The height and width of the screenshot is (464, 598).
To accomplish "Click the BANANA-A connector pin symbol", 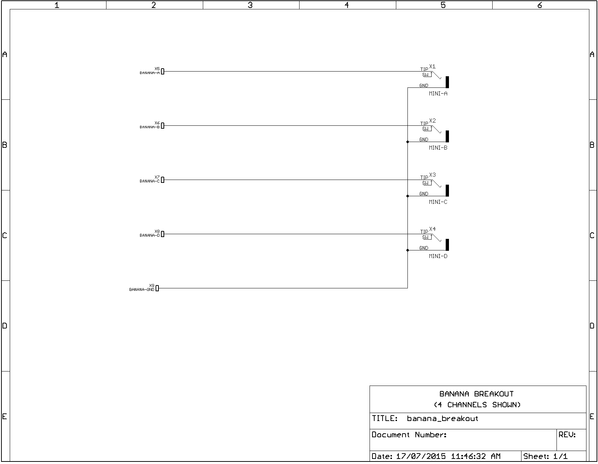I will pyautogui.click(x=162, y=72).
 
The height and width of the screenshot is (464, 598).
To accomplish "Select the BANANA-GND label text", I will pyautogui.click(x=142, y=290).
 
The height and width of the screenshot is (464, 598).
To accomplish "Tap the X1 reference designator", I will pyautogui.click(x=432, y=66).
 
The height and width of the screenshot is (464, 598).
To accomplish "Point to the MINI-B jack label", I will pyautogui.click(x=438, y=148).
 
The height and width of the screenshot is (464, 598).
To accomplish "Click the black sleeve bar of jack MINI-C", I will pyautogui.click(x=448, y=190).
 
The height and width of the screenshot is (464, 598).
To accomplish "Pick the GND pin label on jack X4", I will pyautogui.click(x=424, y=248).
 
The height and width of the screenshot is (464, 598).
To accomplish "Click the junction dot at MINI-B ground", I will pyautogui.click(x=408, y=142).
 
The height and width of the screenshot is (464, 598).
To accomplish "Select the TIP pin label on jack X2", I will pyautogui.click(x=424, y=124).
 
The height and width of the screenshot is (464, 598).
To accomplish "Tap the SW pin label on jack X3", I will pyautogui.click(x=425, y=183).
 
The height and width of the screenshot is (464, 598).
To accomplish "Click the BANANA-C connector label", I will pyautogui.click(x=149, y=181).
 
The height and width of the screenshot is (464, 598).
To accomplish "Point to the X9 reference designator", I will pyautogui.click(x=152, y=285).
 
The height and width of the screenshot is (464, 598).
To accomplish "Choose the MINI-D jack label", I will pyautogui.click(x=438, y=256).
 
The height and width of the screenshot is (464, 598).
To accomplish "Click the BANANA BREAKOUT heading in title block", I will pyautogui.click(x=476, y=394).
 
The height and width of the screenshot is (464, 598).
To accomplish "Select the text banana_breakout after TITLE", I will pyautogui.click(x=442, y=418).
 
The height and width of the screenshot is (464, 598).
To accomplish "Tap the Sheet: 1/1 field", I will pyautogui.click(x=545, y=456).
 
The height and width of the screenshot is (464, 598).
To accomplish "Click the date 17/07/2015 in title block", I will pyautogui.click(x=421, y=456).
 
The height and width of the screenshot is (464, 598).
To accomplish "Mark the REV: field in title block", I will pyautogui.click(x=567, y=435).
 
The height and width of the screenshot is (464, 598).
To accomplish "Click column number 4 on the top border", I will pyautogui.click(x=347, y=5).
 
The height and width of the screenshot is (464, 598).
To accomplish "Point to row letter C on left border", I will pyautogui.click(x=5, y=236).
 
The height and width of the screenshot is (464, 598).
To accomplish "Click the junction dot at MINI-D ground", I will pyautogui.click(x=408, y=250).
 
